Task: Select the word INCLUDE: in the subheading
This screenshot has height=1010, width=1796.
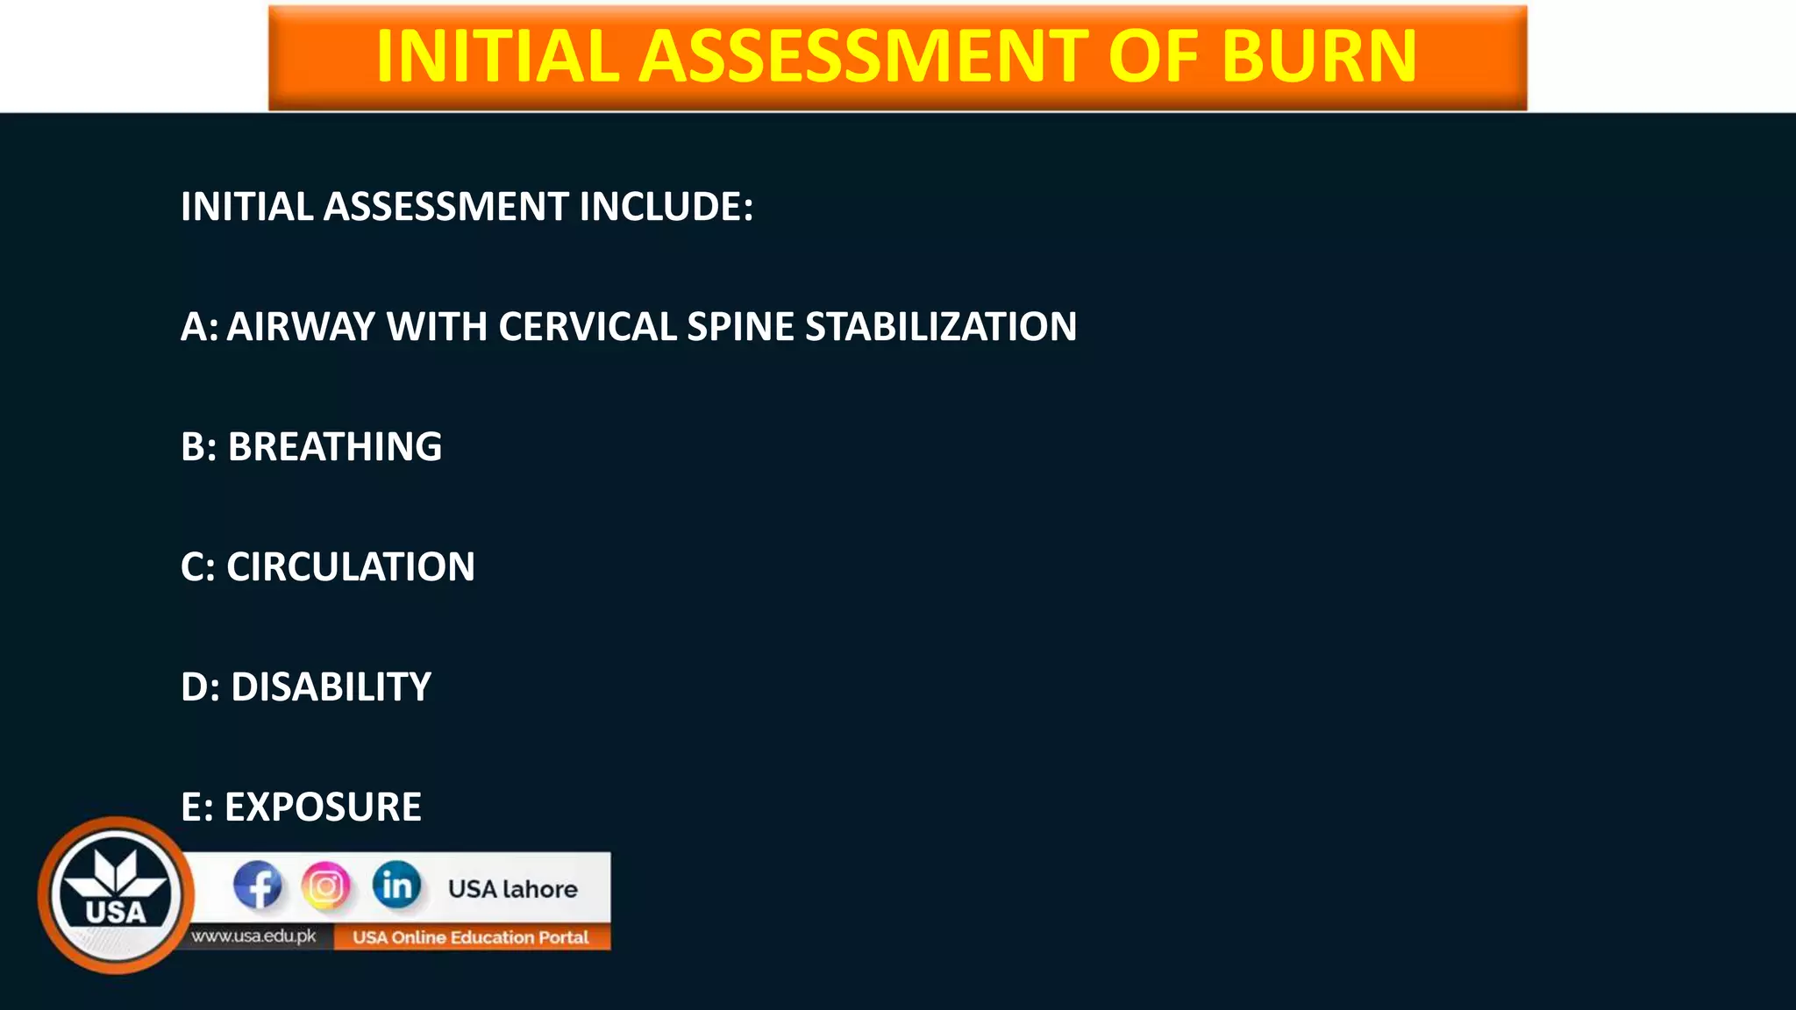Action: click(x=666, y=207)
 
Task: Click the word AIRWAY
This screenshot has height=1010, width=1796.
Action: click(x=301, y=327)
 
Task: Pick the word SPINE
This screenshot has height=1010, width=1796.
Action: click(x=741, y=327)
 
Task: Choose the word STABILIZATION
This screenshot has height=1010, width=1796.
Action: click(x=941, y=327)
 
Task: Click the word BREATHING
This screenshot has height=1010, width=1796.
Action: click(x=335, y=447)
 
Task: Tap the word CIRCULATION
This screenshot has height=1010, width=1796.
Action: click(x=351, y=567)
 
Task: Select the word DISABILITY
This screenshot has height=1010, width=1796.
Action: click(x=331, y=686)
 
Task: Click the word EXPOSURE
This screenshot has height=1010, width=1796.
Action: click(x=323, y=807)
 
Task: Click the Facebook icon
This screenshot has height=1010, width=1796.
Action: click(x=258, y=886)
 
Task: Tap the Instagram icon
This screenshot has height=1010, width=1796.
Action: click(x=326, y=886)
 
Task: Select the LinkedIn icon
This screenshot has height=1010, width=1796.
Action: click(x=396, y=886)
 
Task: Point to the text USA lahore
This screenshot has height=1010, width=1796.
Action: click(x=513, y=889)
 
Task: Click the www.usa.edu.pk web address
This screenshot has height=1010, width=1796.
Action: click(x=254, y=936)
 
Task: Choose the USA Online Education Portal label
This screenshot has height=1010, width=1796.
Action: click(x=471, y=937)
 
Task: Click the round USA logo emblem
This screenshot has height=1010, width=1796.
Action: click(x=116, y=895)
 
